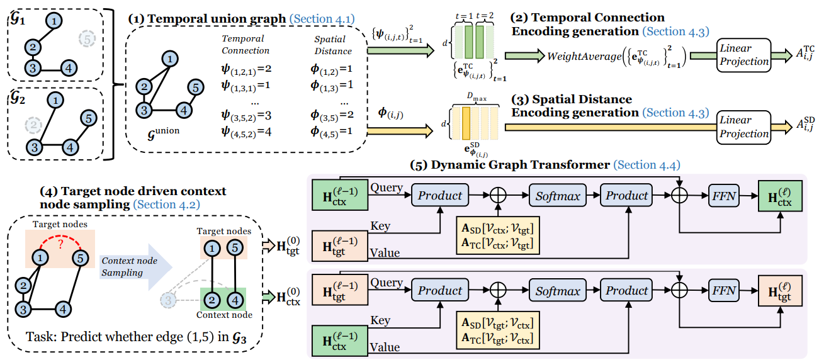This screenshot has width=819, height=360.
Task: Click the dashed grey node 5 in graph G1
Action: pyautogui.click(x=88, y=40)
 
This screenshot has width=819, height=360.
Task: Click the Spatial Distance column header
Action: pyautogui.click(x=333, y=45)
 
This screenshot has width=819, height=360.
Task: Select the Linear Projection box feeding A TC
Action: pyautogui.click(x=744, y=55)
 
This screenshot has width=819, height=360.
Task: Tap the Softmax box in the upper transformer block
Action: pyautogui.click(x=558, y=196)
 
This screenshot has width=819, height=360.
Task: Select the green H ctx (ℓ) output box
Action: pyautogui.click(x=779, y=196)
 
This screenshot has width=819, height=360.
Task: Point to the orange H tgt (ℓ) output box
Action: pyautogui.click(x=779, y=291)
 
